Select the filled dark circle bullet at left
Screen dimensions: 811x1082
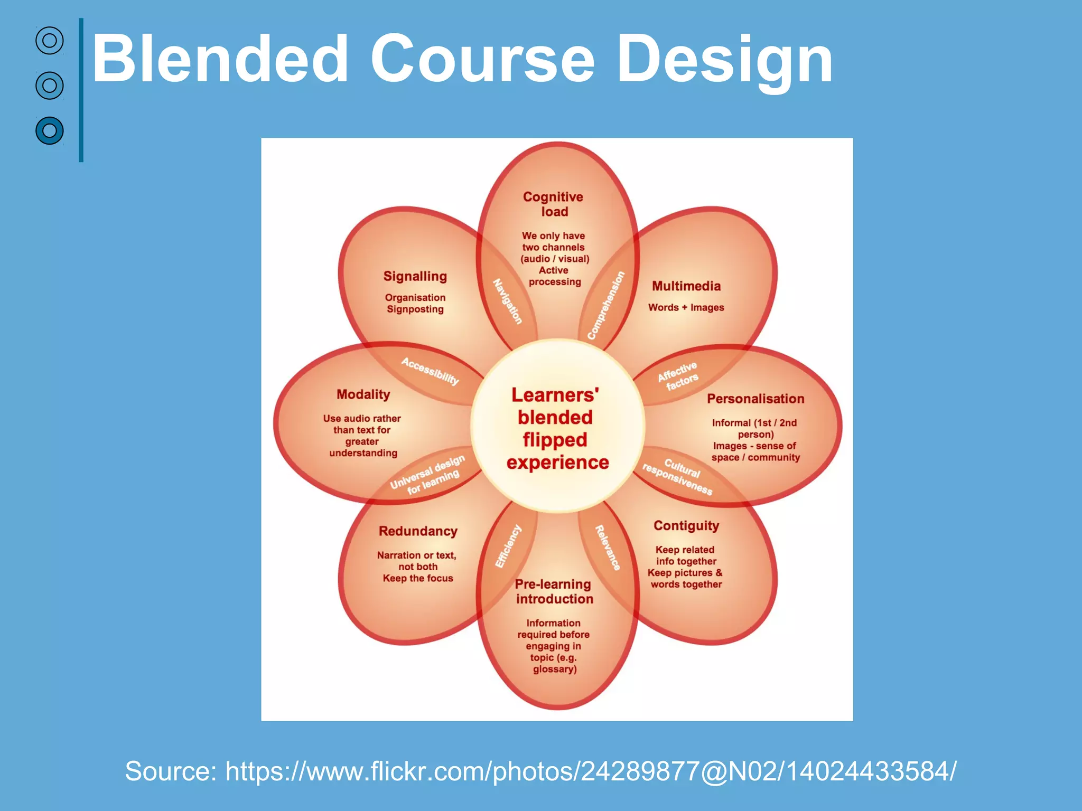coord(50,130)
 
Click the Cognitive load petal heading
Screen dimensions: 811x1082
coord(553,204)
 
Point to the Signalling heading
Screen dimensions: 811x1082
coord(415,276)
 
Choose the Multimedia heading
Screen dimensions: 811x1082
coord(686,286)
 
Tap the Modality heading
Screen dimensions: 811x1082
coord(363,394)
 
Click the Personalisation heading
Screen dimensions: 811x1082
coord(755,399)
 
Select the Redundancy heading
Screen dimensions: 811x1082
coord(418,531)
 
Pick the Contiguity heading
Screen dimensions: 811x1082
coord(686,525)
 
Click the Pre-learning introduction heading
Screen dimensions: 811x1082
coord(554,591)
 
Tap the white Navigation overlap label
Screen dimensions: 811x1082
coord(508,301)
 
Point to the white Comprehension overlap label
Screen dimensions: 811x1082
coord(606,305)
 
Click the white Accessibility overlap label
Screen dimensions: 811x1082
coord(430,371)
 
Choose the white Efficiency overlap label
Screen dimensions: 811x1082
coord(508,546)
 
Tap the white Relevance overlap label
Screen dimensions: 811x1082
coord(608,548)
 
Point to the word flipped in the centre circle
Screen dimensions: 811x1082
coord(555,440)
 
